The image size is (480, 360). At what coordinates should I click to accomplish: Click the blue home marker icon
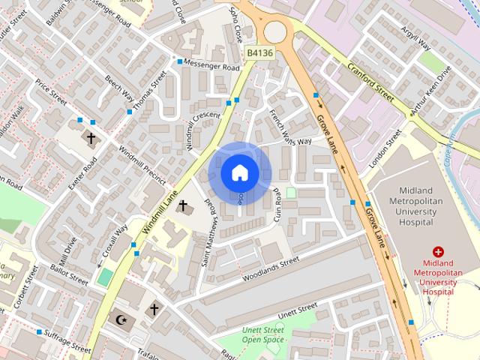point(239,173)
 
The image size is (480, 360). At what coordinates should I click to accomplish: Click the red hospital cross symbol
point(439,253)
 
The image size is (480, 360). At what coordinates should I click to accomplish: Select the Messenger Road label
point(211,67)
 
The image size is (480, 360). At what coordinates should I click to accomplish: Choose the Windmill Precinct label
point(142,165)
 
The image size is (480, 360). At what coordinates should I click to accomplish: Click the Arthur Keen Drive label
point(430,95)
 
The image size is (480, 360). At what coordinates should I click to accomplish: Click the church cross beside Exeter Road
point(91,139)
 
